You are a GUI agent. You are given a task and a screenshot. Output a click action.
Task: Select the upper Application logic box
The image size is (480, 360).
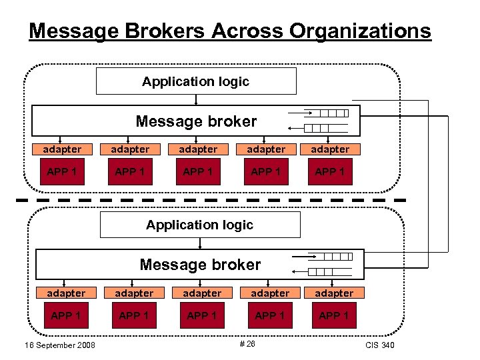[x=196, y=81]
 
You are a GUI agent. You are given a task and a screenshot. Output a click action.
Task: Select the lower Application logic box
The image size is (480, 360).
[x=200, y=225]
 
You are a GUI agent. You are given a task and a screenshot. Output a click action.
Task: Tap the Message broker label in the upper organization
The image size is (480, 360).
[x=196, y=121]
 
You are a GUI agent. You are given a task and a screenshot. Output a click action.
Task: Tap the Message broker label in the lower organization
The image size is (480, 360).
[x=200, y=265]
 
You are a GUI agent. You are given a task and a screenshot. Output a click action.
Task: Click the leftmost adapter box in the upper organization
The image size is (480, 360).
[x=62, y=149]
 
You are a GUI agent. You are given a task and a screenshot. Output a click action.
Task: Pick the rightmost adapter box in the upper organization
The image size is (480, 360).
[x=330, y=149]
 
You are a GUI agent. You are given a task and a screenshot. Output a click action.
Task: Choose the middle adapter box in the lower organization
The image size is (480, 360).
[x=202, y=293]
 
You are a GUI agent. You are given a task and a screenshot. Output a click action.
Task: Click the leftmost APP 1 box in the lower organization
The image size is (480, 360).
[x=66, y=315]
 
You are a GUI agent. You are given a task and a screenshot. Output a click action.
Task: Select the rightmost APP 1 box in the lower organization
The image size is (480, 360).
[x=334, y=315]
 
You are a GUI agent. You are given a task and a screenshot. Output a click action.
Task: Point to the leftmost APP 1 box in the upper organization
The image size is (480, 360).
[x=62, y=172]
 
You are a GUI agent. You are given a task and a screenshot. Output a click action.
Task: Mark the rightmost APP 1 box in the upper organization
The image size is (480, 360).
[x=330, y=172]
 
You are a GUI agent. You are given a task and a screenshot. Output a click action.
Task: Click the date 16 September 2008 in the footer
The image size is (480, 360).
[x=59, y=345]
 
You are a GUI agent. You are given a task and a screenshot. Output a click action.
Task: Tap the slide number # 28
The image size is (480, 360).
[x=247, y=343]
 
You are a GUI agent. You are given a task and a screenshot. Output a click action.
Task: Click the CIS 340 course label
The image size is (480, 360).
[x=380, y=345]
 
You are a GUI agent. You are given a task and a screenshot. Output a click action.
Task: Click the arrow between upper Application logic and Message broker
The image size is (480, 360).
[x=196, y=100]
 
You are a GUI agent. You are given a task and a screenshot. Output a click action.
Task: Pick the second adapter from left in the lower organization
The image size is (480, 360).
[x=134, y=293]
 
